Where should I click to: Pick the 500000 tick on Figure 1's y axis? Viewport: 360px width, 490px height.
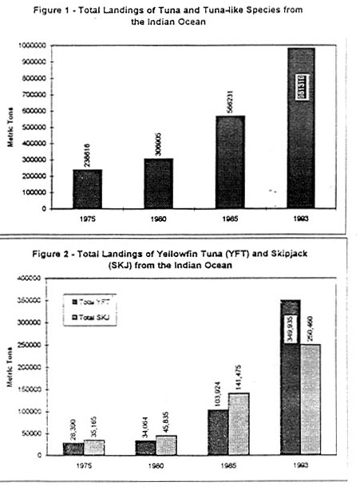coord(35,128)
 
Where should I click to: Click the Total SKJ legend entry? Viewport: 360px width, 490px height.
coord(94,318)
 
